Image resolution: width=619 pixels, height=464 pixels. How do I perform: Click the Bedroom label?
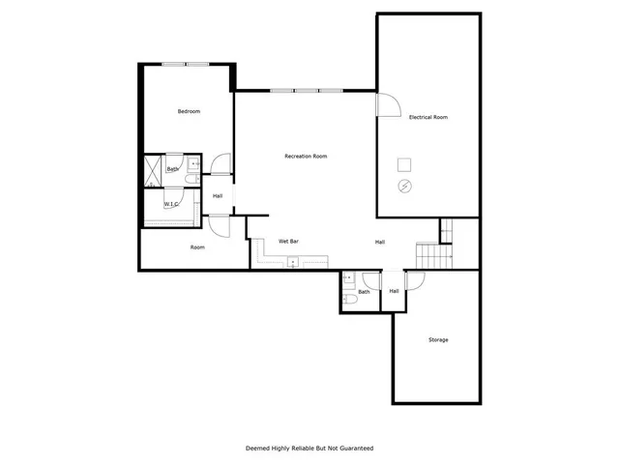click(189, 112)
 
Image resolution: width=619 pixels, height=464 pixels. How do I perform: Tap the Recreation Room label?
click(306, 157)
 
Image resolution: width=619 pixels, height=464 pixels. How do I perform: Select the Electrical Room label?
click(428, 117)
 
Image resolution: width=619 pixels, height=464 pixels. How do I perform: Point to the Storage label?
click(438, 339)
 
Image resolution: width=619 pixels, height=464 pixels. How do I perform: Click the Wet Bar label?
click(288, 241)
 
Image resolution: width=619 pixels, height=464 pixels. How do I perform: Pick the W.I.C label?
click(170, 204)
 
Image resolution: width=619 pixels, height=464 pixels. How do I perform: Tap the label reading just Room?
click(197, 247)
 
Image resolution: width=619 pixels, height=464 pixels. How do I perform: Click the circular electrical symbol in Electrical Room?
click(405, 186)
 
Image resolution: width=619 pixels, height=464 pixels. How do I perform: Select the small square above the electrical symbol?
click(405, 163)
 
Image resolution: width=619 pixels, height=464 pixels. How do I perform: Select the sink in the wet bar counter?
click(291, 261)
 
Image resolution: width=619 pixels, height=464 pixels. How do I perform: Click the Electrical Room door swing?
click(387, 105)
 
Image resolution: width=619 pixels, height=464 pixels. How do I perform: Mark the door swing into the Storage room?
click(414, 281)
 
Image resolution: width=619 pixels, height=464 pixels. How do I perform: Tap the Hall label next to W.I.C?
click(218, 197)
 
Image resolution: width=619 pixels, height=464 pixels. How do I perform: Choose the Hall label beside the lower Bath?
click(394, 291)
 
